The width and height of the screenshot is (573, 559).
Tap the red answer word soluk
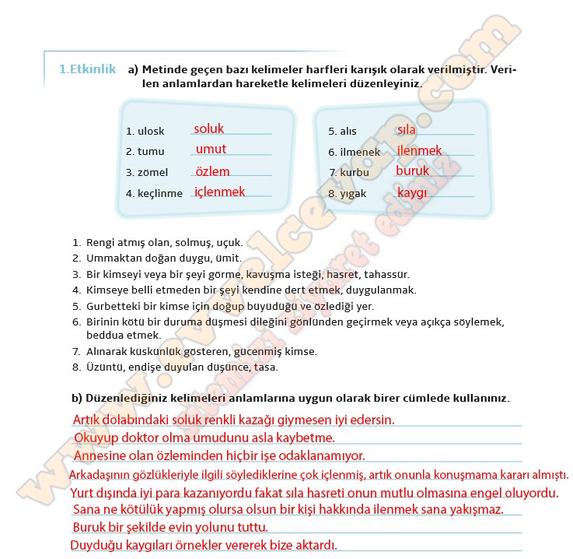pos(208,128)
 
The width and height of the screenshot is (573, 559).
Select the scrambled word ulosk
pos(151,132)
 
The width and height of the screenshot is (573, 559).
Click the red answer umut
pos(211,149)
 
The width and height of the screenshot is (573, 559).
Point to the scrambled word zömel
pos(152,172)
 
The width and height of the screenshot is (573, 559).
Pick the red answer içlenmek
pos(219,192)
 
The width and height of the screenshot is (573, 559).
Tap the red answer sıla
pos(406,129)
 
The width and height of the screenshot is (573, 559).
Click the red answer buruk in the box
pos(412,171)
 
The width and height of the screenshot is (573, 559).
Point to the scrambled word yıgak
pos(353,194)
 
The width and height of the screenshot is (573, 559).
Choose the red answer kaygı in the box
pos(412,192)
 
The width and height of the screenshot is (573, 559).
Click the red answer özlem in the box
pos(212,171)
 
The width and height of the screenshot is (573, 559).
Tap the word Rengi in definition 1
pos(100,243)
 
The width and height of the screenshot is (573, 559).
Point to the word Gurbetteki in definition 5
pos(112,306)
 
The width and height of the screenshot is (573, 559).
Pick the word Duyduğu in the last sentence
pos(94,545)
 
